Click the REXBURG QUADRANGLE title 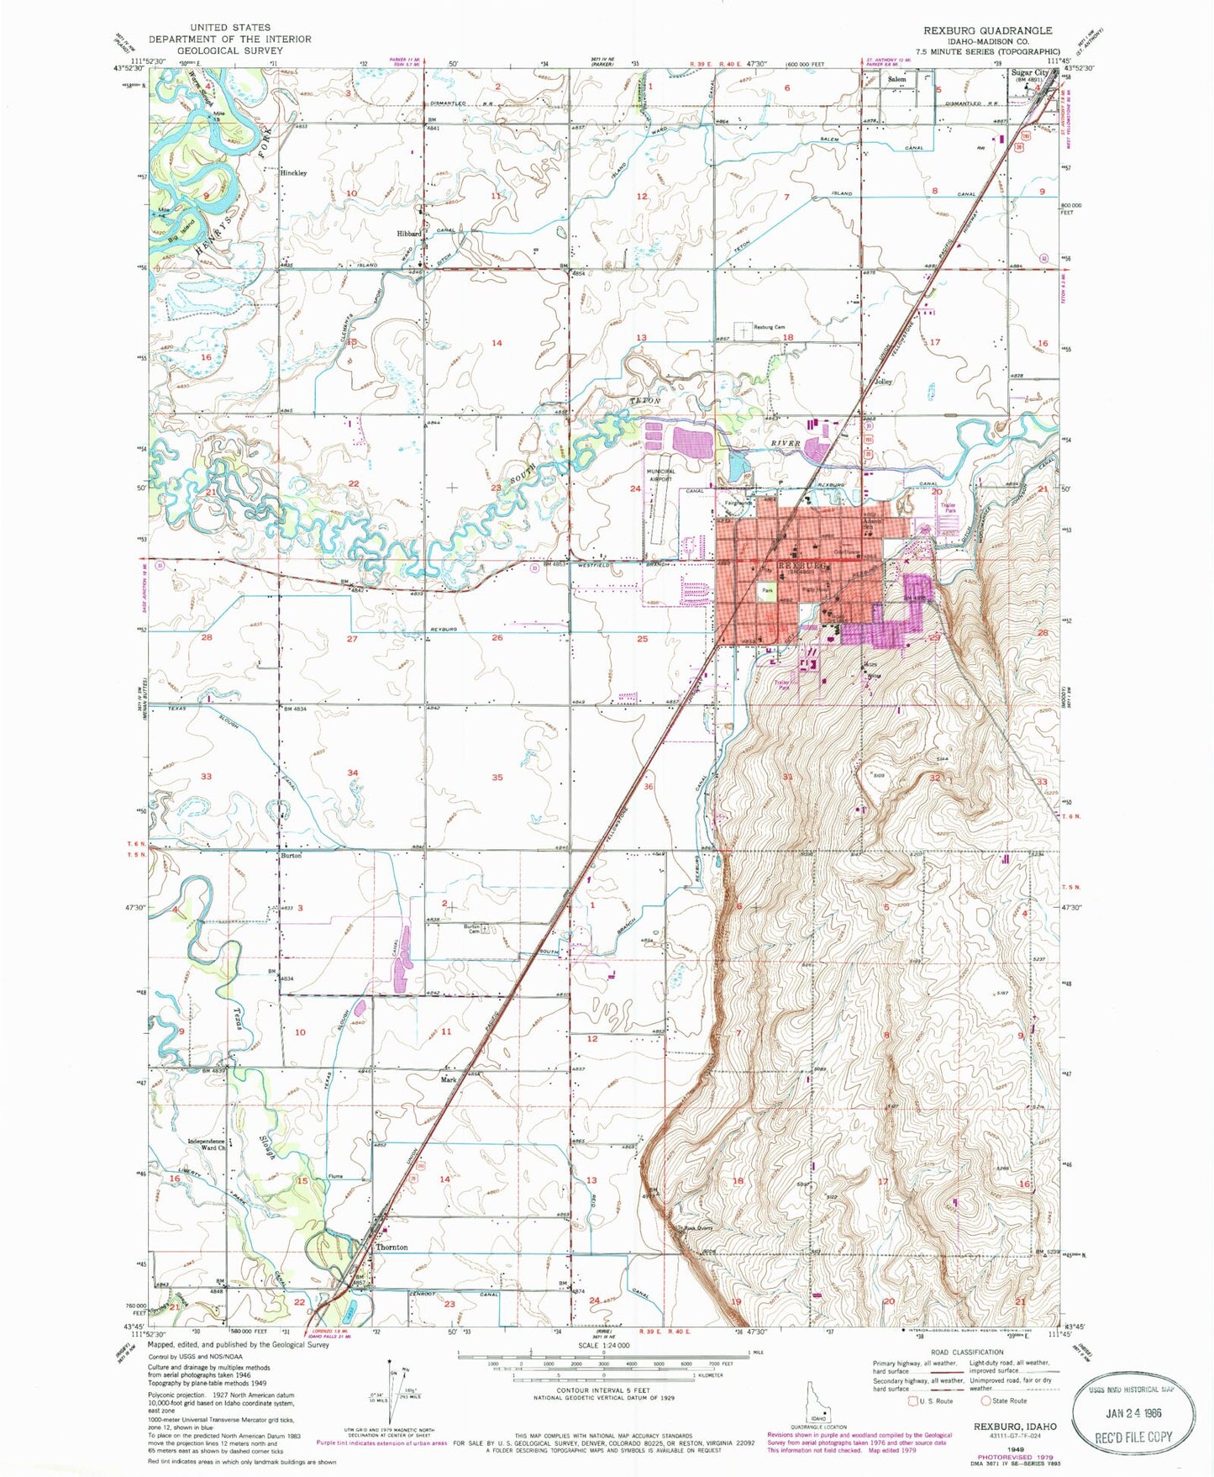point(987,30)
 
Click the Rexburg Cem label point(769,327)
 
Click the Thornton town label point(392,1248)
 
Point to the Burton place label point(291,856)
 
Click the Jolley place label point(883,381)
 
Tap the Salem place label point(897,79)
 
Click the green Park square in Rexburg point(767,591)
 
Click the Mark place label point(449,1079)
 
